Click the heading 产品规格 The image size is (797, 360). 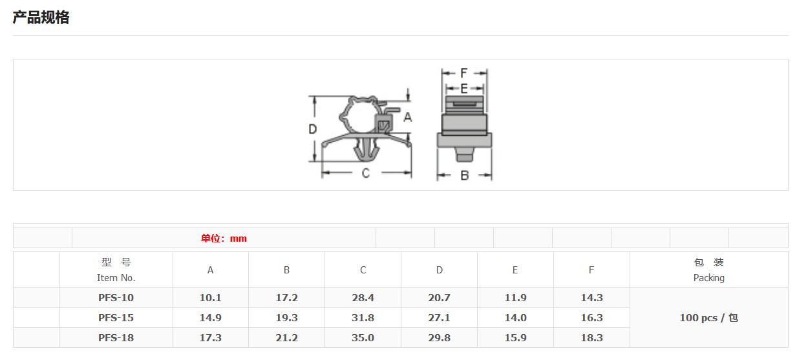(x=41, y=17)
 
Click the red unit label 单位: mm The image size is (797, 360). (x=224, y=238)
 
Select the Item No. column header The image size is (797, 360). (x=116, y=270)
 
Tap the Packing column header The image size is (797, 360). (x=708, y=270)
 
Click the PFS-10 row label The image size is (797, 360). (x=116, y=298)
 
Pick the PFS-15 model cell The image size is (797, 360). (x=116, y=318)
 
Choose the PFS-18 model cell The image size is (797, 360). (x=116, y=337)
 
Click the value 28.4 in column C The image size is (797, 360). (x=363, y=298)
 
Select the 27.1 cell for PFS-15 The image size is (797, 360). (x=439, y=318)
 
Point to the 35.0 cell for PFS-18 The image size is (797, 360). (x=363, y=337)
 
